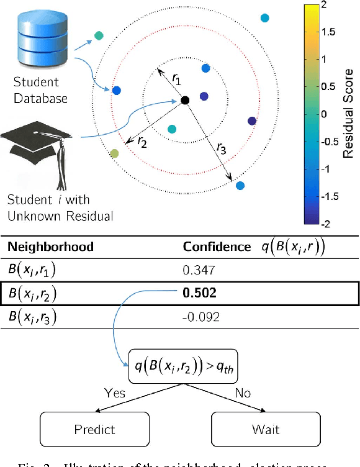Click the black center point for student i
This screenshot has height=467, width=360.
pos(184,100)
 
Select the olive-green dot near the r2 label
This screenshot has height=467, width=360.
pos(114,153)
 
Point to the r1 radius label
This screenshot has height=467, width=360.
pos(176,79)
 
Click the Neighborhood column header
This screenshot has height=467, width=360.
pos(50,247)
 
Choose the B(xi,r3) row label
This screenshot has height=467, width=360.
pos(33,318)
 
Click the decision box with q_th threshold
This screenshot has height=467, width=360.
pos(184,371)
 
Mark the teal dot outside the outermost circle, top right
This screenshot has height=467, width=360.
pos(265,18)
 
